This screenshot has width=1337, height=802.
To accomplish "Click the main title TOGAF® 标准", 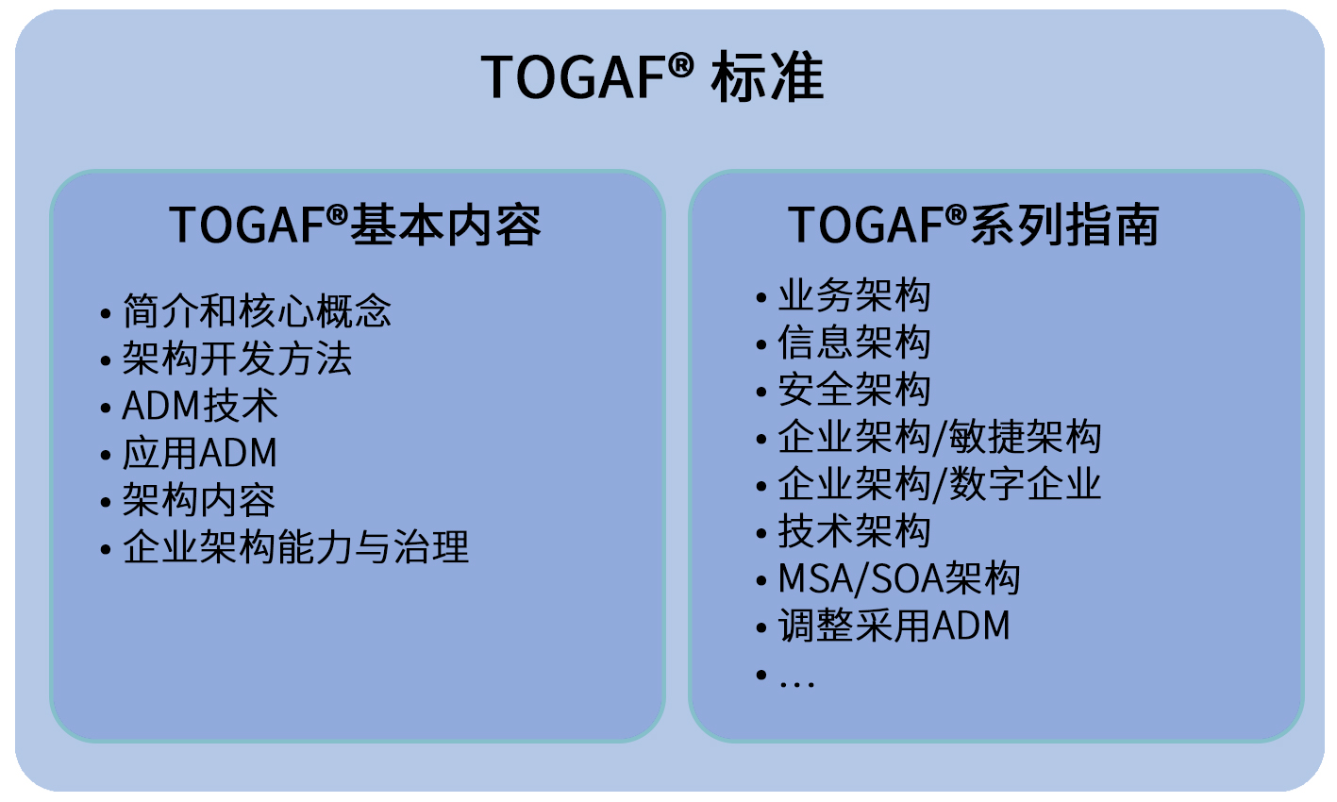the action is point(652,76).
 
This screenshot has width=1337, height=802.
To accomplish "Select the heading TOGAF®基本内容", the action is point(355,225).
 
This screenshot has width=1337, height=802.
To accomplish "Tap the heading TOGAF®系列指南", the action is point(974,225).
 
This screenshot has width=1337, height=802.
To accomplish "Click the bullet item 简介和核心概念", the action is point(257,311).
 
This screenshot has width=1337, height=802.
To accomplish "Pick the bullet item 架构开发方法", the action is point(237,358).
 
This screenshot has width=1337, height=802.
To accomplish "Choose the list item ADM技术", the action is point(200,405).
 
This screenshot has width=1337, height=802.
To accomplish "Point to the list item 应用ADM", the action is point(200,452).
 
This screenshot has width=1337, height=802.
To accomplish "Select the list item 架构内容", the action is point(199,499).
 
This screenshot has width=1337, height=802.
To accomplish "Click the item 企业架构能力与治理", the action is point(295,546).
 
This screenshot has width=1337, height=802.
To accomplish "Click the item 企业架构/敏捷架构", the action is point(940,437).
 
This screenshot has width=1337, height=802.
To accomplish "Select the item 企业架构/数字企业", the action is point(940,484).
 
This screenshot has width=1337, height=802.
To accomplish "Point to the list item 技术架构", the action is point(854,531).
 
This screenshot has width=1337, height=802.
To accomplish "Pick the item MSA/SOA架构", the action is point(899,578).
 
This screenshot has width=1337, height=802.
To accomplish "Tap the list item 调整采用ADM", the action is point(894,626).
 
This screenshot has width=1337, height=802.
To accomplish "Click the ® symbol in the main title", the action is point(680,65).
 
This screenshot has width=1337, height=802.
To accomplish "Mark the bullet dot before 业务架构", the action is point(761,297).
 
